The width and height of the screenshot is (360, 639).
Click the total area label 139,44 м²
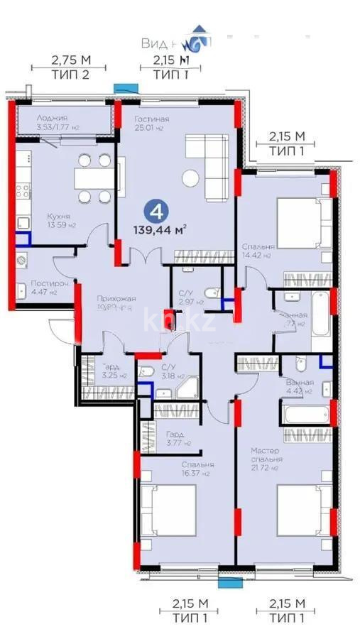(160, 229)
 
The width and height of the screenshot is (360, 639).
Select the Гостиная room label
(151, 124)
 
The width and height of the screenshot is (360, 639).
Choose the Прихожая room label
(116, 303)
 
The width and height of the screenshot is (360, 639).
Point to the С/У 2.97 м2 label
(187, 296)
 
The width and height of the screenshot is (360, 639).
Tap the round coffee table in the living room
(190, 177)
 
